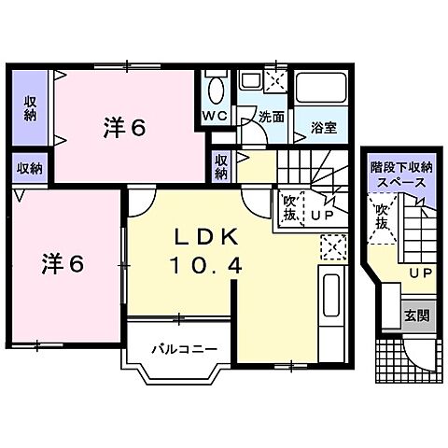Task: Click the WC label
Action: [214, 116]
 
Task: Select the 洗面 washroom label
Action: [272, 118]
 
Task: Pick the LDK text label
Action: [206, 236]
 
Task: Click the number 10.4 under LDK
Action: [206, 265]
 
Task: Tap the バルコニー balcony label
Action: [184, 352]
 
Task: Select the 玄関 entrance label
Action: [416, 315]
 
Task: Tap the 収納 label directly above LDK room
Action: [221, 166]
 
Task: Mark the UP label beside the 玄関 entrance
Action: [420, 273]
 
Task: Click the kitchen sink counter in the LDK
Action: [329, 308]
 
